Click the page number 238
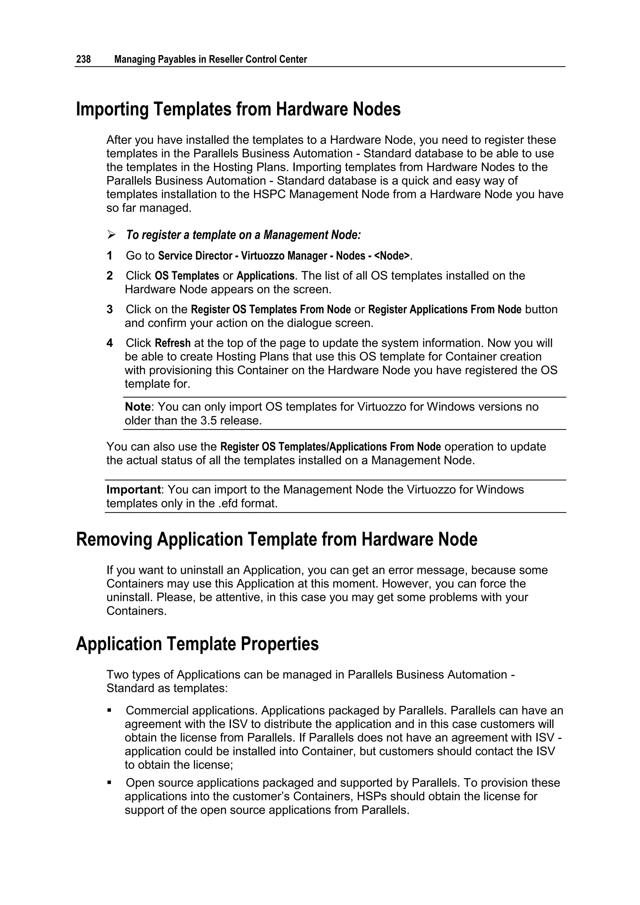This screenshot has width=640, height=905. click(x=83, y=59)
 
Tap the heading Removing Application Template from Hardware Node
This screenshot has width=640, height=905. click(x=276, y=539)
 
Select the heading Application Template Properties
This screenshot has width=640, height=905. click(x=197, y=644)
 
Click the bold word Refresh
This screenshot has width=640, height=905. click(x=172, y=343)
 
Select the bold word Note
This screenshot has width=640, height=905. click(x=137, y=407)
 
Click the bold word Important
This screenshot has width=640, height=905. click(x=133, y=490)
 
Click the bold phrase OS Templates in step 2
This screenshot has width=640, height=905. click(x=187, y=276)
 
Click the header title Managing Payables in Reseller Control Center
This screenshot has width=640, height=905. click(x=210, y=59)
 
